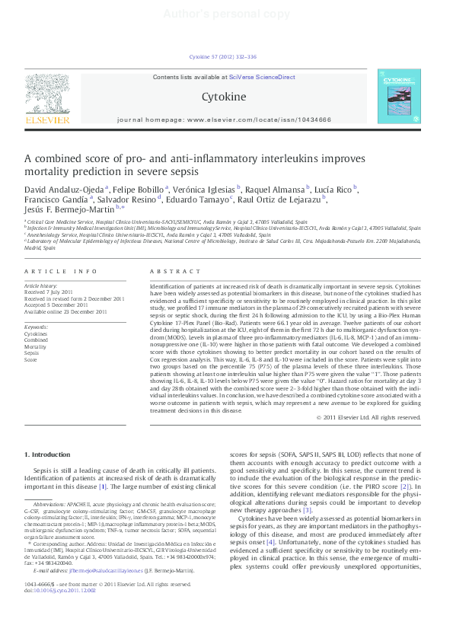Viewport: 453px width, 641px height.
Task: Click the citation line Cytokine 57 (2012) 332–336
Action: click(223, 56)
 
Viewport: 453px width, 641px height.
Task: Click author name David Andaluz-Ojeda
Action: click(64, 188)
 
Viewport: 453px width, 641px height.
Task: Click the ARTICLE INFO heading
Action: click(61, 271)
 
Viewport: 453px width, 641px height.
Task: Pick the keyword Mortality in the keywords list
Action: click(35, 346)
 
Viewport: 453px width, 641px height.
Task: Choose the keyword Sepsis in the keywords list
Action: click(31, 353)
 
